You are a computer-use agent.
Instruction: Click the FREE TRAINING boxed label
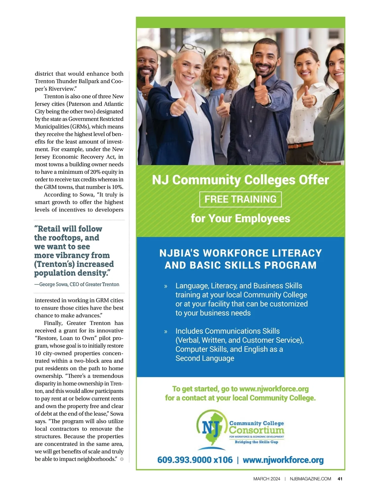[x=240, y=199]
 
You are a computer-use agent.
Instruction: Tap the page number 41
[x=340, y=479]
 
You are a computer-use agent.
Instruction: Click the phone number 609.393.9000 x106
[x=195, y=460]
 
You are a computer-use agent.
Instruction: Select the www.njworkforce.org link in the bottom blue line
[x=283, y=460]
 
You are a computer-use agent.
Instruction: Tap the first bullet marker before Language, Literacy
[x=166, y=286]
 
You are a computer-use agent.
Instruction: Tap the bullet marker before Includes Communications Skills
[x=166, y=332]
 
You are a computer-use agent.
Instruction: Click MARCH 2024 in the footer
[x=266, y=479]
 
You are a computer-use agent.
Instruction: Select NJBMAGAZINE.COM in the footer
[x=310, y=479]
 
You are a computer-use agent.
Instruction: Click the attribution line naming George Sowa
[x=77, y=284]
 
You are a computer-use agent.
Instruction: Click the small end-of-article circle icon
[x=122, y=459]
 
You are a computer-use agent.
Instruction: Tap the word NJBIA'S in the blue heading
[x=179, y=253]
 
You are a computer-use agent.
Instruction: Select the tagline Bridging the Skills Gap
[x=256, y=442]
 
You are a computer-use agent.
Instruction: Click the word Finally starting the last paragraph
[x=53, y=323]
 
